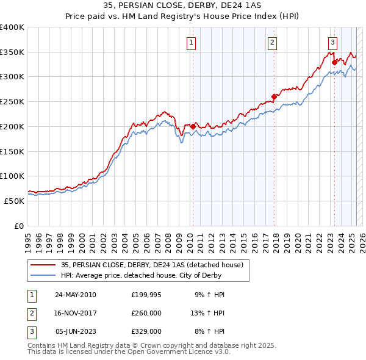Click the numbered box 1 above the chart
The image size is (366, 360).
[192, 42]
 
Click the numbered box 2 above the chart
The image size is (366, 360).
[271, 42]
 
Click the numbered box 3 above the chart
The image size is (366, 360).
[332, 42]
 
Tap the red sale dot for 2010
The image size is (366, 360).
[193, 126]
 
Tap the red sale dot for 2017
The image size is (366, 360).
[274, 96]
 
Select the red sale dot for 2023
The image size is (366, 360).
[334, 62]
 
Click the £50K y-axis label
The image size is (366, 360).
[15, 201]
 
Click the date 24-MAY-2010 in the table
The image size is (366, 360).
[76, 295]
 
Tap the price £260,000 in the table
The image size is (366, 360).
[146, 313]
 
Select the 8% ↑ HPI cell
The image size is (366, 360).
[209, 332]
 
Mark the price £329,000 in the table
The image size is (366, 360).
[146, 332]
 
